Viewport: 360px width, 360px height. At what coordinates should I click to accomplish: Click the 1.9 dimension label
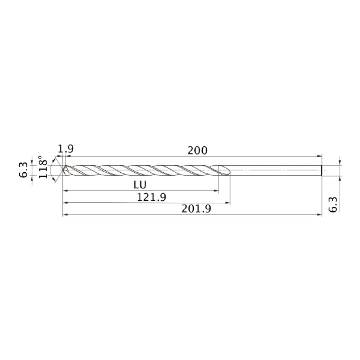pos(66,149)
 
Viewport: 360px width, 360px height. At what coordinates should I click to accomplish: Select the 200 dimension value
pos(197,151)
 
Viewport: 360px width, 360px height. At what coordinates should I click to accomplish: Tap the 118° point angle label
pos(44,168)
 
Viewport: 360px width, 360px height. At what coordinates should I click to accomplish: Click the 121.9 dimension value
pos(152,197)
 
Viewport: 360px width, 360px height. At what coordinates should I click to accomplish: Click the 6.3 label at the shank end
pos(333,205)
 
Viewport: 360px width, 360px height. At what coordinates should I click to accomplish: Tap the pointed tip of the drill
pos(63,170)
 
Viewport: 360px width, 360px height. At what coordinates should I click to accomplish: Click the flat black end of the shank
pos(322,170)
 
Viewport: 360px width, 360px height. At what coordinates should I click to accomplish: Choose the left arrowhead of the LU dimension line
pos(65,191)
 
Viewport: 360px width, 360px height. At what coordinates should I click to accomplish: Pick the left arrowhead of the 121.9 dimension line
pos(65,203)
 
